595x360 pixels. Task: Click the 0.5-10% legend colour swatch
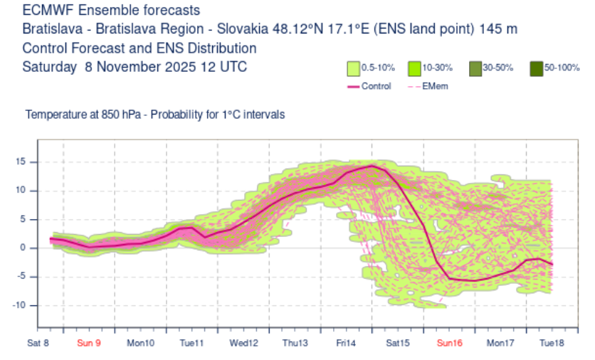click(352, 69)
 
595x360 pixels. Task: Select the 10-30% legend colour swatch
click(414, 69)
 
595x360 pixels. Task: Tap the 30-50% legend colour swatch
click(475, 69)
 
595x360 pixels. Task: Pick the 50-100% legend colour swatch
click(536, 69)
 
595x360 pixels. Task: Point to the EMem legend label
click(436, 86)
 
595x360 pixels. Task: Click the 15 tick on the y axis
click(21, 162)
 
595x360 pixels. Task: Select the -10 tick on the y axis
click(20, 305)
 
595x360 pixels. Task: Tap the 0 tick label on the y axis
click(23, 248)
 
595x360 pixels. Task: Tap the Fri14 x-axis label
click(346, 343)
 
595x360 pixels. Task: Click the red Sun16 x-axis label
click(449, 343)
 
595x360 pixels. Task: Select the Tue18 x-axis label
click(552, 343)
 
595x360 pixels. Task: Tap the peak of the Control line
click(372, 166)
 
